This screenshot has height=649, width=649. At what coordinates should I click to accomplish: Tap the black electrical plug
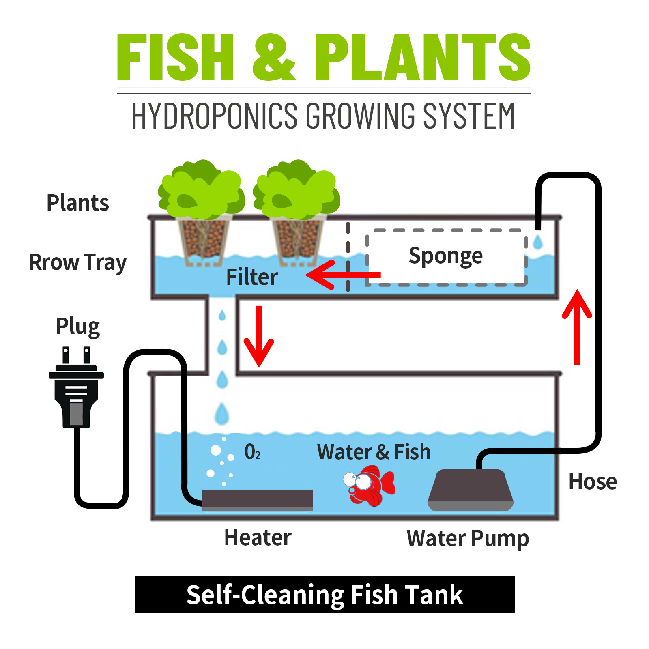tap(76, 387)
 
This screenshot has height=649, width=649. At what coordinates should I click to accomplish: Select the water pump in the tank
tap(471, 490)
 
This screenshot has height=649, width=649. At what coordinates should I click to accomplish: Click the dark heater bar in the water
tap(258, 500)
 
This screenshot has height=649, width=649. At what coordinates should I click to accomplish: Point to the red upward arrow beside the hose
tap(577, 327)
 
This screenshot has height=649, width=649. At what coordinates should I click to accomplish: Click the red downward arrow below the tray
tap(259, 336)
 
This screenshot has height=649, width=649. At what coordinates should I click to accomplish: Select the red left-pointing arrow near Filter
tap(343, 275)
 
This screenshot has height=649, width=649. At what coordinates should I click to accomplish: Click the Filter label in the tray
tap(252, 277)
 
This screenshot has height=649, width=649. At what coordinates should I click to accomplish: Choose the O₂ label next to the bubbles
tap(252, 451)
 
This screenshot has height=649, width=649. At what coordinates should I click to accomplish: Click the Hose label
tap(593, 481)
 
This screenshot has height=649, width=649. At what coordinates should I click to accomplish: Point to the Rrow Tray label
tap(77, 262)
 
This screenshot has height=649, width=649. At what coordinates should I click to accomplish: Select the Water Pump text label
tap(468, 539)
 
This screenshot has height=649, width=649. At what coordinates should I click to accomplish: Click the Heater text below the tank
tap(258, 537)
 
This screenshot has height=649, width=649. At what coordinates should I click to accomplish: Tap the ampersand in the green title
tap(274, 57)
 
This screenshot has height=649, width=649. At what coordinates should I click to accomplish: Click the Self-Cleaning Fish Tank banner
tap(324, 594)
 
